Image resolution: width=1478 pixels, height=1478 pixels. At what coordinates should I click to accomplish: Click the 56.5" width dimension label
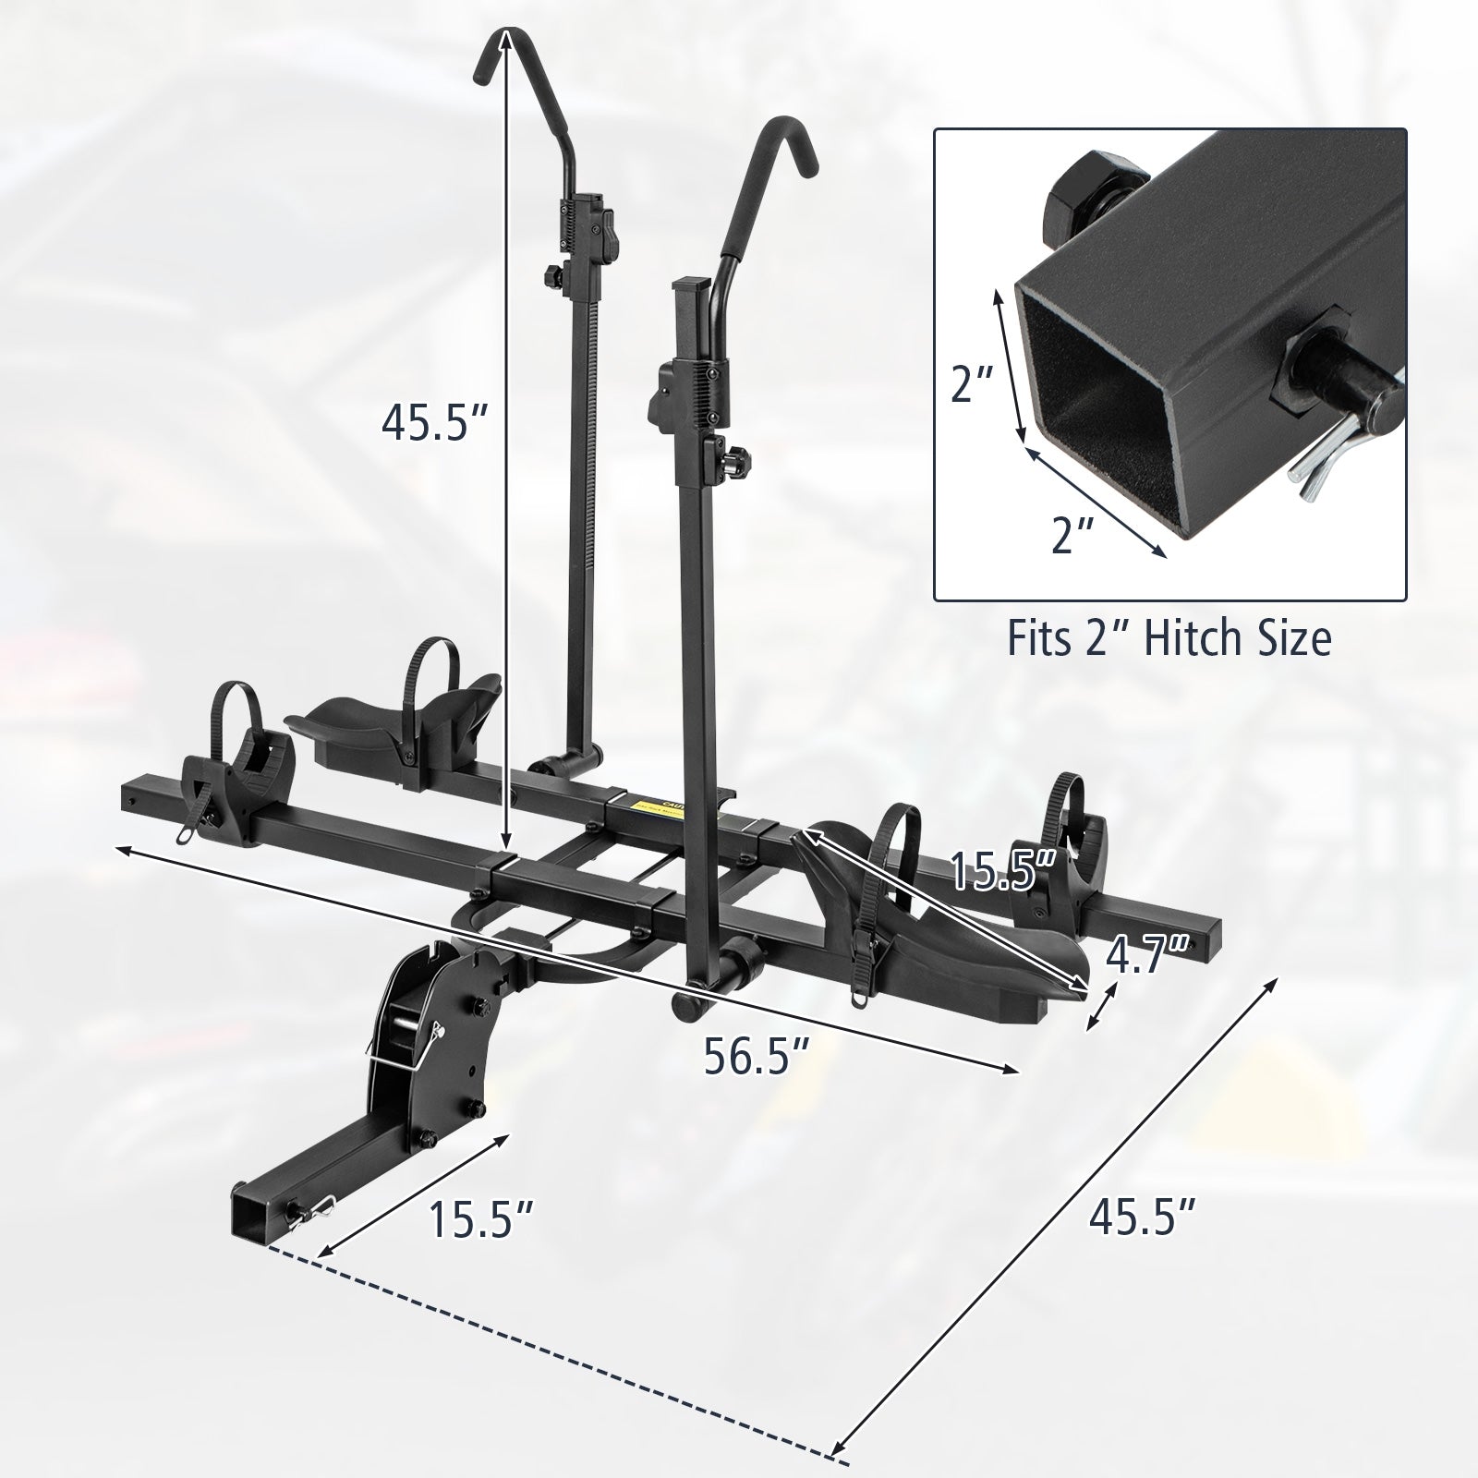point(757,1056)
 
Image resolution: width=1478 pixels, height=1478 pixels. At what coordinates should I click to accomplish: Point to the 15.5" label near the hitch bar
point(481,1218)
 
